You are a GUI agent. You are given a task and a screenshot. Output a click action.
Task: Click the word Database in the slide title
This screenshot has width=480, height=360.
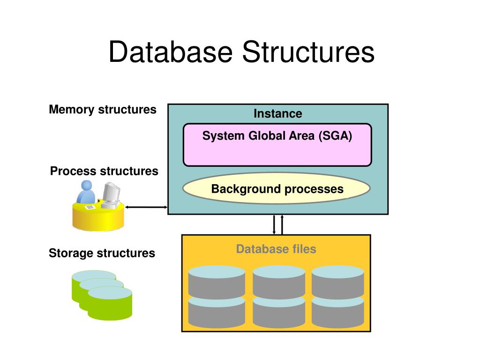pos(171,52)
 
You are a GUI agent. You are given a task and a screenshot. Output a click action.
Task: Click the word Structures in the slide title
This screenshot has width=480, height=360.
pos(308,52)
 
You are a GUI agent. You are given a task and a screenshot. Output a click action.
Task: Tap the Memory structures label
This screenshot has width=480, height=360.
pos(103,110)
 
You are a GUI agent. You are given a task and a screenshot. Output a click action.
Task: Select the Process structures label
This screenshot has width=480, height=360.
pos(104,171)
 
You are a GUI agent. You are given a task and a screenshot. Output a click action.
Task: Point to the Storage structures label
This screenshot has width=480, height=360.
pos(102,253)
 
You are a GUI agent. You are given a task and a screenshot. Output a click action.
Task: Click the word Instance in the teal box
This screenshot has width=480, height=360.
pos(278,113)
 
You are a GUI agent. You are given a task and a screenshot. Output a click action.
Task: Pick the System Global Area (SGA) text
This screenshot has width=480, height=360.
pos(277,135)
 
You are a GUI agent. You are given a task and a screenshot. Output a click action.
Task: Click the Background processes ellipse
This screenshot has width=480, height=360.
pos(277,188)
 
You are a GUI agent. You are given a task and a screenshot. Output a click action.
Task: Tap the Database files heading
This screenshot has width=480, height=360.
pos(276,249)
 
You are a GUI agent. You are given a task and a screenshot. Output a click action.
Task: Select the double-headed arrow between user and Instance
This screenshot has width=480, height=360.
pos(146,207)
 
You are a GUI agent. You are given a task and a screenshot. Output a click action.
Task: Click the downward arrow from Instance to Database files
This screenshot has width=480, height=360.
pos(274,225)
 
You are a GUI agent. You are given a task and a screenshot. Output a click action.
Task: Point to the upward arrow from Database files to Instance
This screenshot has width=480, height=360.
pos(282,225)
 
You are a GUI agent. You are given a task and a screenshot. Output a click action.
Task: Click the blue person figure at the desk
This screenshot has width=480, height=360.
pos(86,192)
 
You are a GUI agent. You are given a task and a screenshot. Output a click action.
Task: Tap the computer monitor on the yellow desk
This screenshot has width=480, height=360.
pos(111,195)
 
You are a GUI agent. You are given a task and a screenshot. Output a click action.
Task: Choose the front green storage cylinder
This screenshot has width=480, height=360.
pos(110,303)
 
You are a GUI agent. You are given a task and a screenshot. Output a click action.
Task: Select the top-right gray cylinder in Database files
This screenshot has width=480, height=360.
pos(338,282)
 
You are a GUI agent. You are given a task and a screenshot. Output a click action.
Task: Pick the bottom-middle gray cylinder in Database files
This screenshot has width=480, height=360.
pos(279,312)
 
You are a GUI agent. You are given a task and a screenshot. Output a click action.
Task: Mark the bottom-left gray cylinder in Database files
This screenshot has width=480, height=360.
pos(217,312)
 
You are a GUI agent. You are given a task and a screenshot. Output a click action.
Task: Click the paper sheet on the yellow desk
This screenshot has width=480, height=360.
pos(90,207)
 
